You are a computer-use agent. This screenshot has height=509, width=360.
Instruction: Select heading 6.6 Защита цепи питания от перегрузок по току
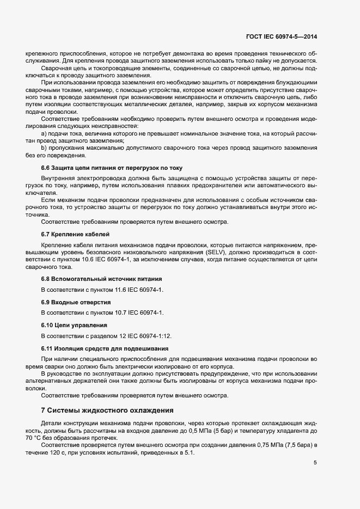[112, 168]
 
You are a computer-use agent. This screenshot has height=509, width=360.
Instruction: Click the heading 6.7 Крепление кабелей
[76, 234]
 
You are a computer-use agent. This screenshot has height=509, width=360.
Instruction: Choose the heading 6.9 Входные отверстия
[76, 301]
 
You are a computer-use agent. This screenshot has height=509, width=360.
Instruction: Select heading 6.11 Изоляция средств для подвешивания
[105, 347]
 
